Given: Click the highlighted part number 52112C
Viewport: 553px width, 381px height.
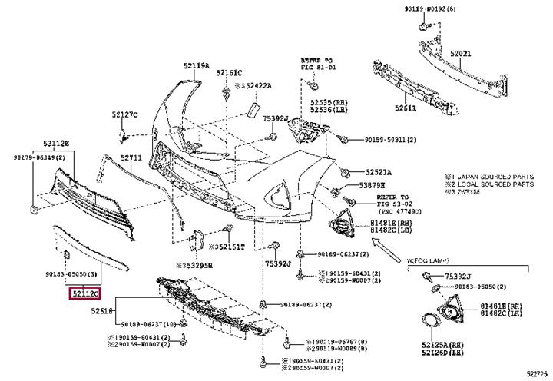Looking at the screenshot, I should tap(86, 293).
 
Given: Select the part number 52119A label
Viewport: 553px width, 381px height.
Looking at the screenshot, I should tap(196, 67).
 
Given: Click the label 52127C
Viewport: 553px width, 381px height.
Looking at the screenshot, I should tap(124, 114).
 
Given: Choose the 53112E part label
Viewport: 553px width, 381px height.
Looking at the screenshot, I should tap(55, 144).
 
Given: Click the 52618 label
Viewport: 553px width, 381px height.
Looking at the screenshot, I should tap(101, 311).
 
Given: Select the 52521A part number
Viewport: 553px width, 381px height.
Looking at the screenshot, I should tap(379, 173).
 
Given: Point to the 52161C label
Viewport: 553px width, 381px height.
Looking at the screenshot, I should tap(229, 72).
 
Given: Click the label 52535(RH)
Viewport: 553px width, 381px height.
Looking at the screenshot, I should tap(325, 101).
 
